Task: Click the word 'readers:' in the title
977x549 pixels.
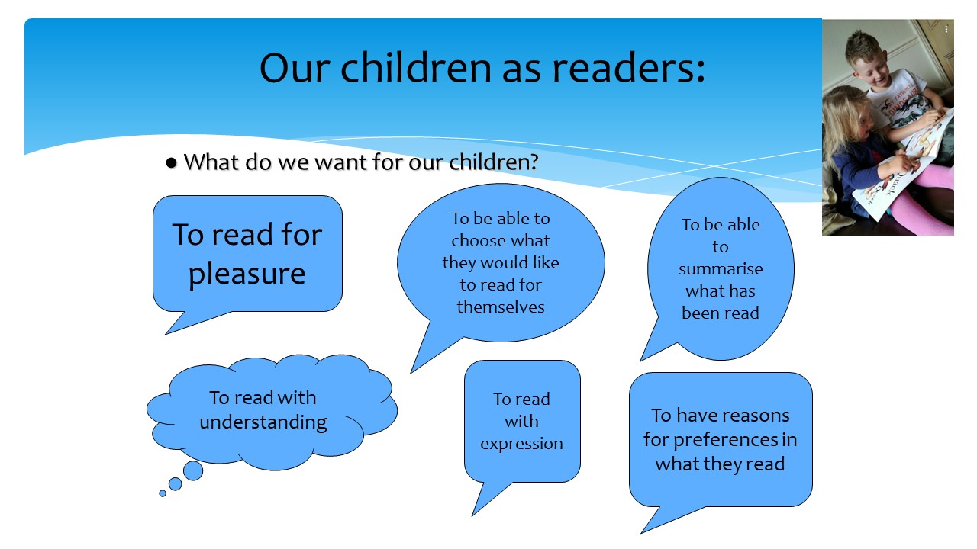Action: tap(628, 69)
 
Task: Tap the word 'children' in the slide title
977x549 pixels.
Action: tap(416, 69)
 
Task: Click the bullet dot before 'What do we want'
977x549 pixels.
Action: tap(172, 163)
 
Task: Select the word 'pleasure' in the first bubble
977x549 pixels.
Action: tap(247, 274)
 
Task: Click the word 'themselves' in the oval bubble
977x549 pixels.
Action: tap(501, 307)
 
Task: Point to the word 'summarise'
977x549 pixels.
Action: tap(721, 269)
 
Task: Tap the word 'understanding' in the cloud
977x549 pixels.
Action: tap(263, 422)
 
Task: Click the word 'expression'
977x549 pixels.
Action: tap(521, 444)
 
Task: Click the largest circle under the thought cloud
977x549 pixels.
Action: tap(193, 470)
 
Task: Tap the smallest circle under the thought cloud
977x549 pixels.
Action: tap(163, 493)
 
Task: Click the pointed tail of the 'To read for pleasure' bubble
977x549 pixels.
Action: tap(166, 334)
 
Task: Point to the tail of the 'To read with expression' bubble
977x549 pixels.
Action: tap(472, 515)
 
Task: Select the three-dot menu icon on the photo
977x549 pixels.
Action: tap(946, 29)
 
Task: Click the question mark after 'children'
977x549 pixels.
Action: tap(534, 162)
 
